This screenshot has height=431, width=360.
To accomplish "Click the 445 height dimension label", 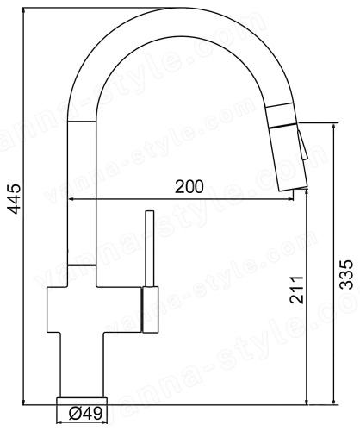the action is [x=14, y=199].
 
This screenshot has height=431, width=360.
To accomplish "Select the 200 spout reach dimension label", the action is [x=189, y=187].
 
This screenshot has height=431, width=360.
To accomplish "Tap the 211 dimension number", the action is [x=296, y=290].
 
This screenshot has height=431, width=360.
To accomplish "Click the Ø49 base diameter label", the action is [x=85, y=414].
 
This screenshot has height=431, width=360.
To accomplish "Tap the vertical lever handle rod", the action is [x=150, y=248].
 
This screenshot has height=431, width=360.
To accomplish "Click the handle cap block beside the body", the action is [x=150, y=309].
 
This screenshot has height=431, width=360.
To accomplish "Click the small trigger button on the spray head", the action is [x=302, y=144].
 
